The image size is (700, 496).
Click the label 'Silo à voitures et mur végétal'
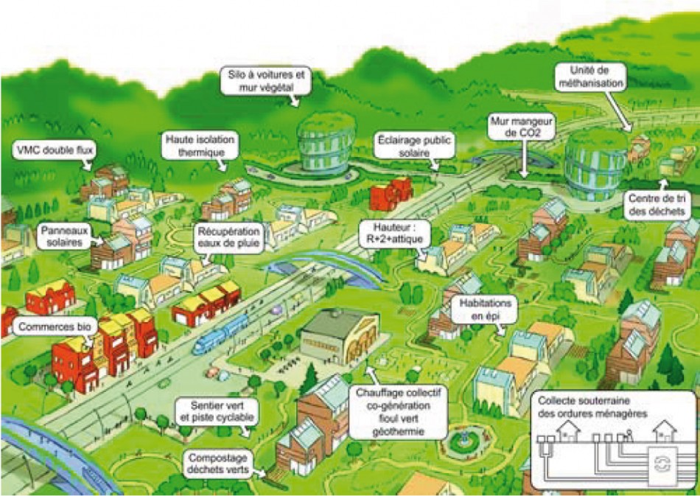click(266, 81)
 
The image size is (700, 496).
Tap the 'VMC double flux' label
click(55, 150)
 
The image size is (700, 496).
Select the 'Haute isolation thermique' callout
click(200, 145)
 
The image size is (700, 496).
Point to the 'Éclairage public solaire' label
click(414, 146)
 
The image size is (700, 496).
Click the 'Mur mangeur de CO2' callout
click(522, 126)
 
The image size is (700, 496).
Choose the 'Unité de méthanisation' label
click(590, 77)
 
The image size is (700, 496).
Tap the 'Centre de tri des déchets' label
click(657, 204)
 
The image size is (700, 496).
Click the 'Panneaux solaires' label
click(65, 236)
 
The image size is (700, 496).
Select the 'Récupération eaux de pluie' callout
click(228, 238)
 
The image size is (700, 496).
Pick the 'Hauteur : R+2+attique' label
click(395, 234)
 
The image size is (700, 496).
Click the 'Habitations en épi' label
click(486, 309)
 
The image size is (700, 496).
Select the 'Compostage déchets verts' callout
click(218, 464)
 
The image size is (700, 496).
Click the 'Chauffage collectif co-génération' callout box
click(398, 412)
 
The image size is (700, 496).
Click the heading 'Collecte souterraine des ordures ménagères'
click(592, 407)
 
